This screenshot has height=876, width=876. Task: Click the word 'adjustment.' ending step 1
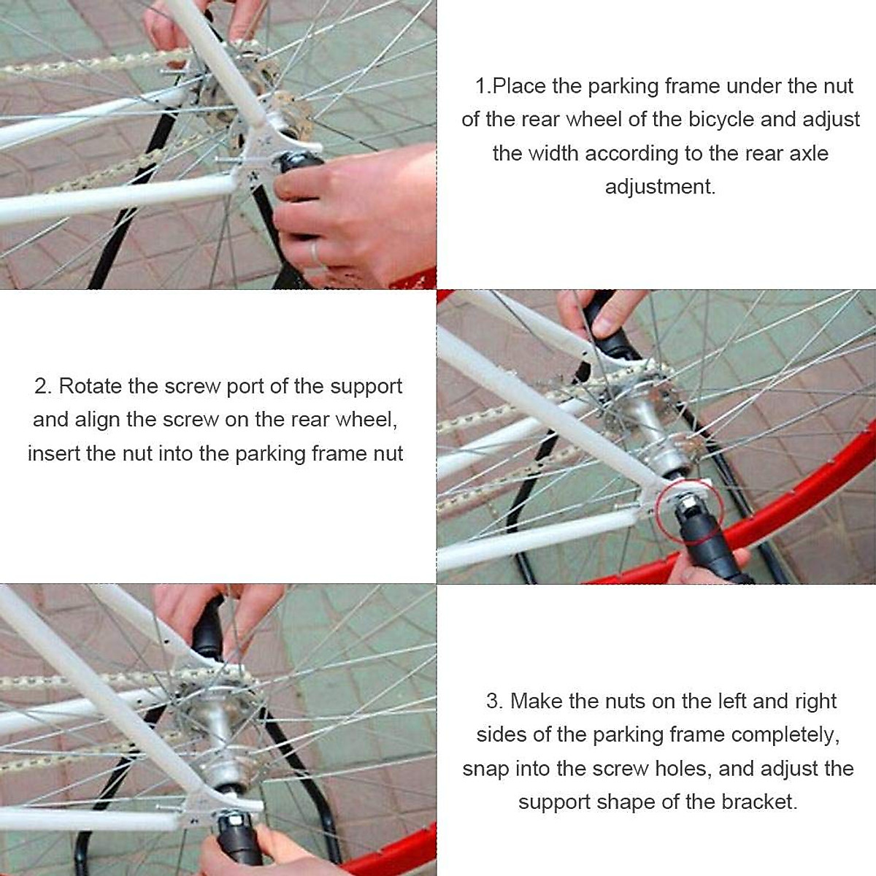pos(660,187)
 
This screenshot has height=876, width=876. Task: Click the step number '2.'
pos(43,386)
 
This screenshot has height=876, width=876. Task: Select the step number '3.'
pos(494,701)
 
